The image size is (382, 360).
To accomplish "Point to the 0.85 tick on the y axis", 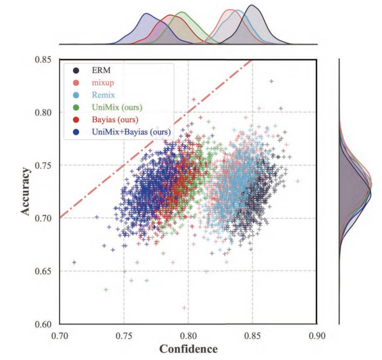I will [43, 60].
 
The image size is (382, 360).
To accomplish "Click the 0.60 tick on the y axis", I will [43, 324].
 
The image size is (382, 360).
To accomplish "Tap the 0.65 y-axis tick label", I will [43, 272].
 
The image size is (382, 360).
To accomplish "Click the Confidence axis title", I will [188, 349].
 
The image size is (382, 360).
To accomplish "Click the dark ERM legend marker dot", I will [76, 70].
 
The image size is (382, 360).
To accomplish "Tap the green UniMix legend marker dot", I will [76, 107].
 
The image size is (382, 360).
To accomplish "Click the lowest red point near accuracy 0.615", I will [185, 308].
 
